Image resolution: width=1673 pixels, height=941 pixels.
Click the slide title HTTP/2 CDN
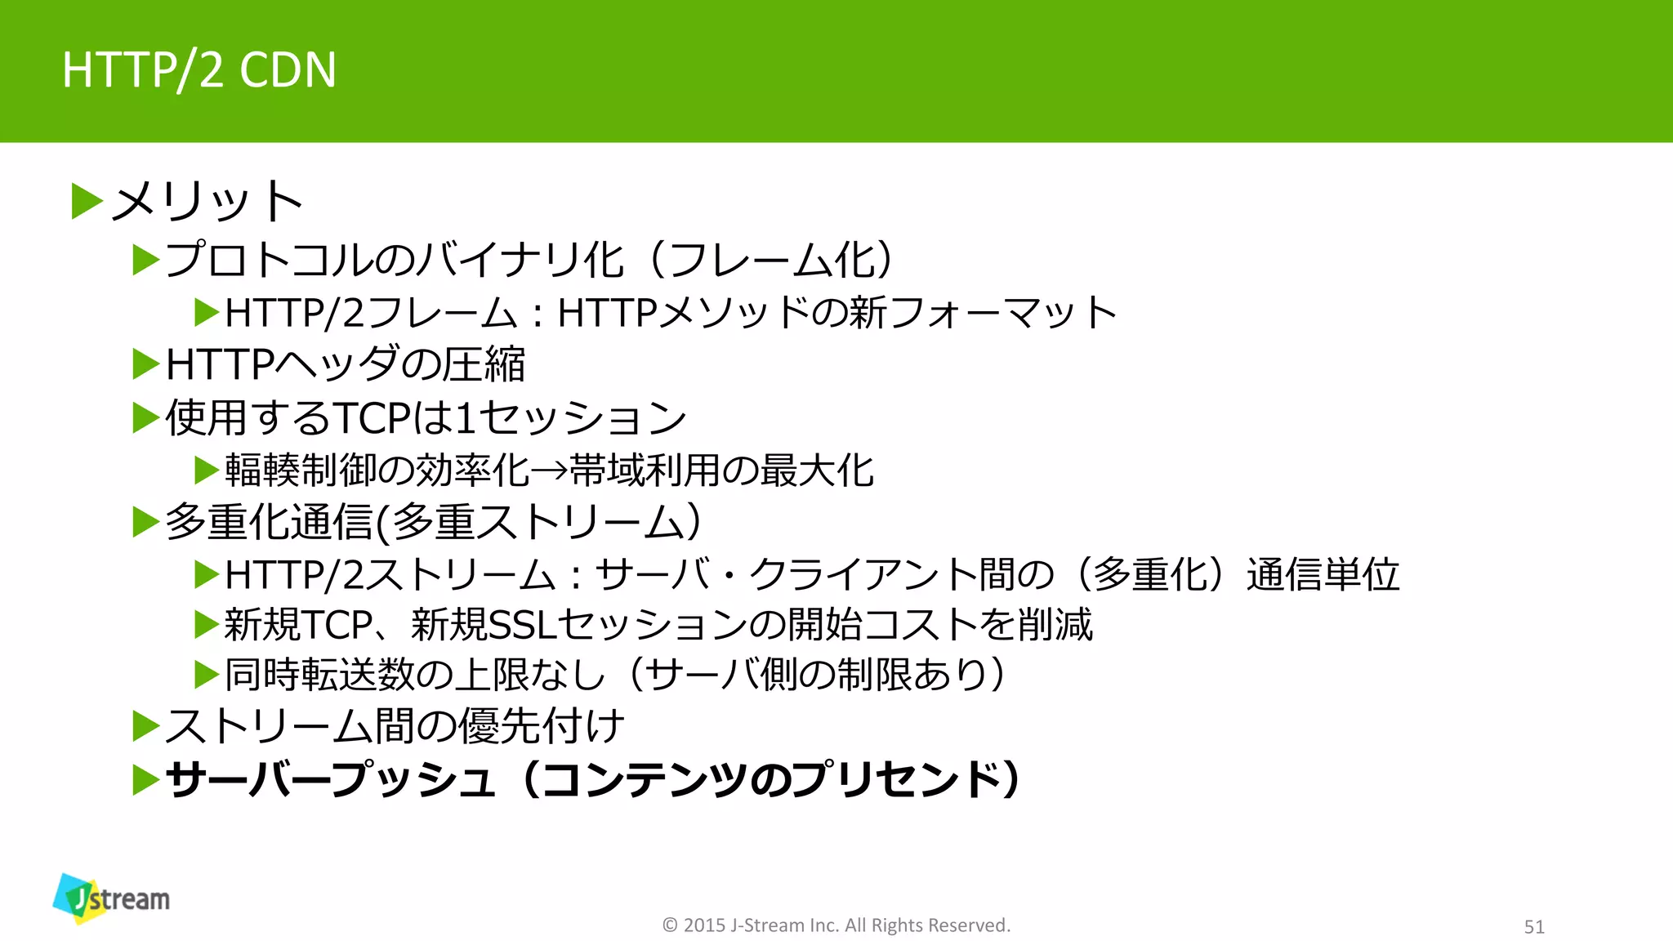(x=199, y=69)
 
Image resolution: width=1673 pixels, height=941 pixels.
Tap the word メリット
(x=207, y=201)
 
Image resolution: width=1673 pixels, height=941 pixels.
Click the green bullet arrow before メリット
(x=87, y=202)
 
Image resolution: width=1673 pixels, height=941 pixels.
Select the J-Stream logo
(x=112, y=899)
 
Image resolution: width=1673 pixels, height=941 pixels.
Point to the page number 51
(x=1534, y=926)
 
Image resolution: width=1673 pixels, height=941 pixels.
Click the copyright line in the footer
(x=836, y=925)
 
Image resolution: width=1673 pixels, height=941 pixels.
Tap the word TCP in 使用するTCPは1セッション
(x=372, y=418)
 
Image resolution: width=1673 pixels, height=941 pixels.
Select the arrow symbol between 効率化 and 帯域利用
(x=549, y=471)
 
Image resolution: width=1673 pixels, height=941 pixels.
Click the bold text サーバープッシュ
(x=330, y=779)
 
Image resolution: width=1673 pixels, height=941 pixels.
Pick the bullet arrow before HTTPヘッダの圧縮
(x=146, y=364)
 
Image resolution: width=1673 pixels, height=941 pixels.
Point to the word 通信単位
(x=1323, y=574)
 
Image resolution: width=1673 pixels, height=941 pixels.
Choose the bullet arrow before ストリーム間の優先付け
(x=146, y=726)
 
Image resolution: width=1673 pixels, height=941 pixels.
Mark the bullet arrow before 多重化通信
(x=146, y=522)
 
